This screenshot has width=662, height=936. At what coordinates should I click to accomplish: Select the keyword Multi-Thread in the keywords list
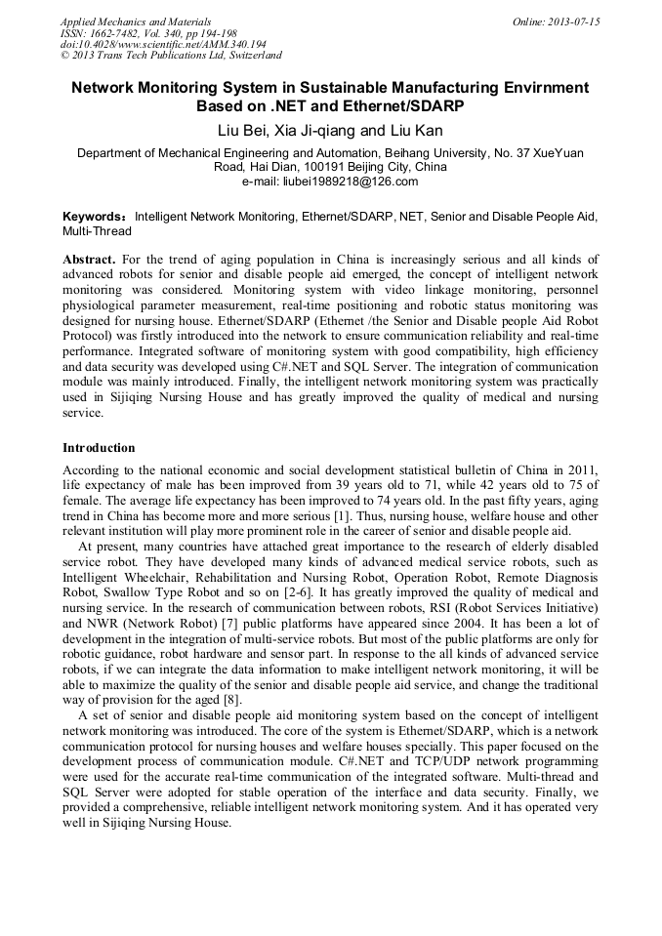96,231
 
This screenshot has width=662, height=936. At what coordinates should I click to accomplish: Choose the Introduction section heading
99,447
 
